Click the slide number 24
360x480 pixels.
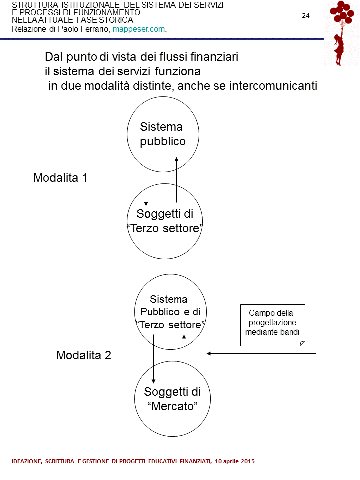pos(306,16)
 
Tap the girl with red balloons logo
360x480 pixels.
pos(341,33)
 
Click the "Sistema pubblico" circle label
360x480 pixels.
pos(162,134)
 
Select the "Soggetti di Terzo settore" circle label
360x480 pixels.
pos(164,221)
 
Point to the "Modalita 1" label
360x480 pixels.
pos(60,178)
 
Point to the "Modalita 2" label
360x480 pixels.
pos(83,356)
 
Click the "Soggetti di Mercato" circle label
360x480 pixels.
pos(172,399)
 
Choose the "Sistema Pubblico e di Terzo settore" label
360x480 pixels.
pos(171,312)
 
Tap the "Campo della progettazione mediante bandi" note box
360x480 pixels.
pos(272,323)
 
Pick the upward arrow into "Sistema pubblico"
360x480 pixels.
pos(177,180)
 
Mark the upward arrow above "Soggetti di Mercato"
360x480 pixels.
pos(184,358)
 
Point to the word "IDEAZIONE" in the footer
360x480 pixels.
pos(28,461)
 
